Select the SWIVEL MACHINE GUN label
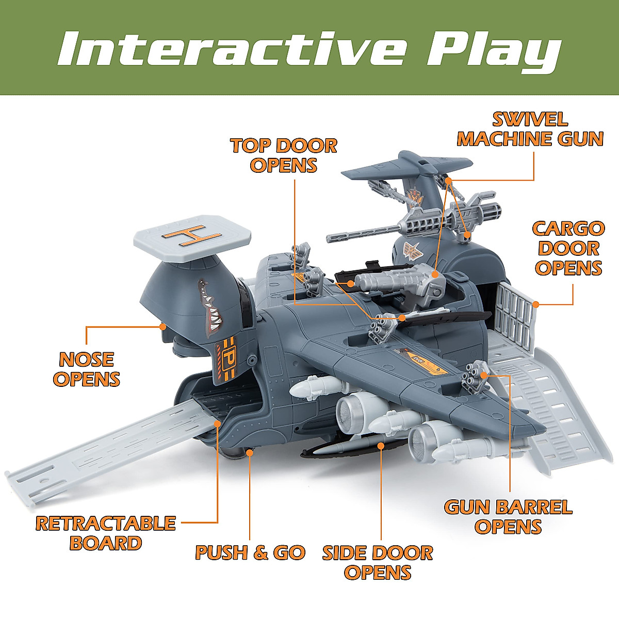coord(530,129)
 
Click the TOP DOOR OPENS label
coord(284,155)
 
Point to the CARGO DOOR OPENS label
coord(568,248)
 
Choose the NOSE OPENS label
coord(87,369)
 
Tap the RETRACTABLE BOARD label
coord(106,533)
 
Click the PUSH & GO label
coord(250,552)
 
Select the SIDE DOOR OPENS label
coord(378,562)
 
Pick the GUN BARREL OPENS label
coord(508,516)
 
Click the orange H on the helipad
coord(188,236)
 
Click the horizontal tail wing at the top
coord(408,165)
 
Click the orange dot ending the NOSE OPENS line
coord(163,326)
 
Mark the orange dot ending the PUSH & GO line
coord(250,452)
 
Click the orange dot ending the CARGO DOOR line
coord(536,304)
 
